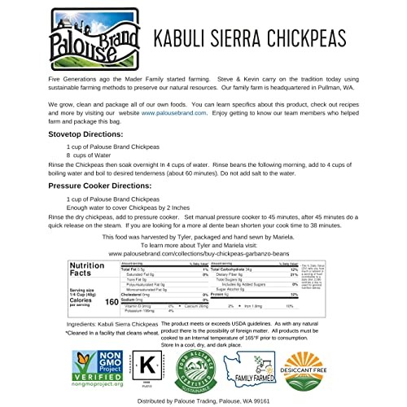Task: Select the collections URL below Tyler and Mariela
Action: coord(202,253)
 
